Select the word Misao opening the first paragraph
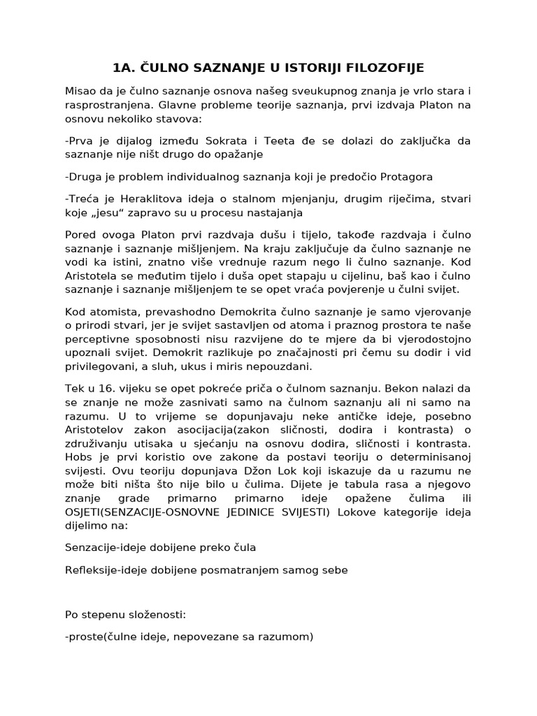coord(81,91)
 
